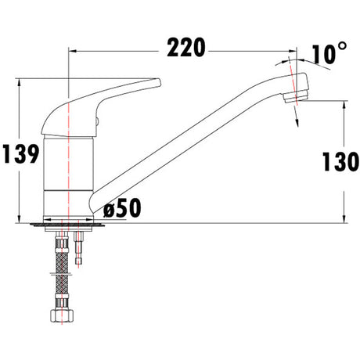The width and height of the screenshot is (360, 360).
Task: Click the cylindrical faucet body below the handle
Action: tap(69, 172)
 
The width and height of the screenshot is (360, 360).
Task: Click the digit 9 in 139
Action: tap(31, 155)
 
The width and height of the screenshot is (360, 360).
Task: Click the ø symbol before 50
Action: tap(109, 208)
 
